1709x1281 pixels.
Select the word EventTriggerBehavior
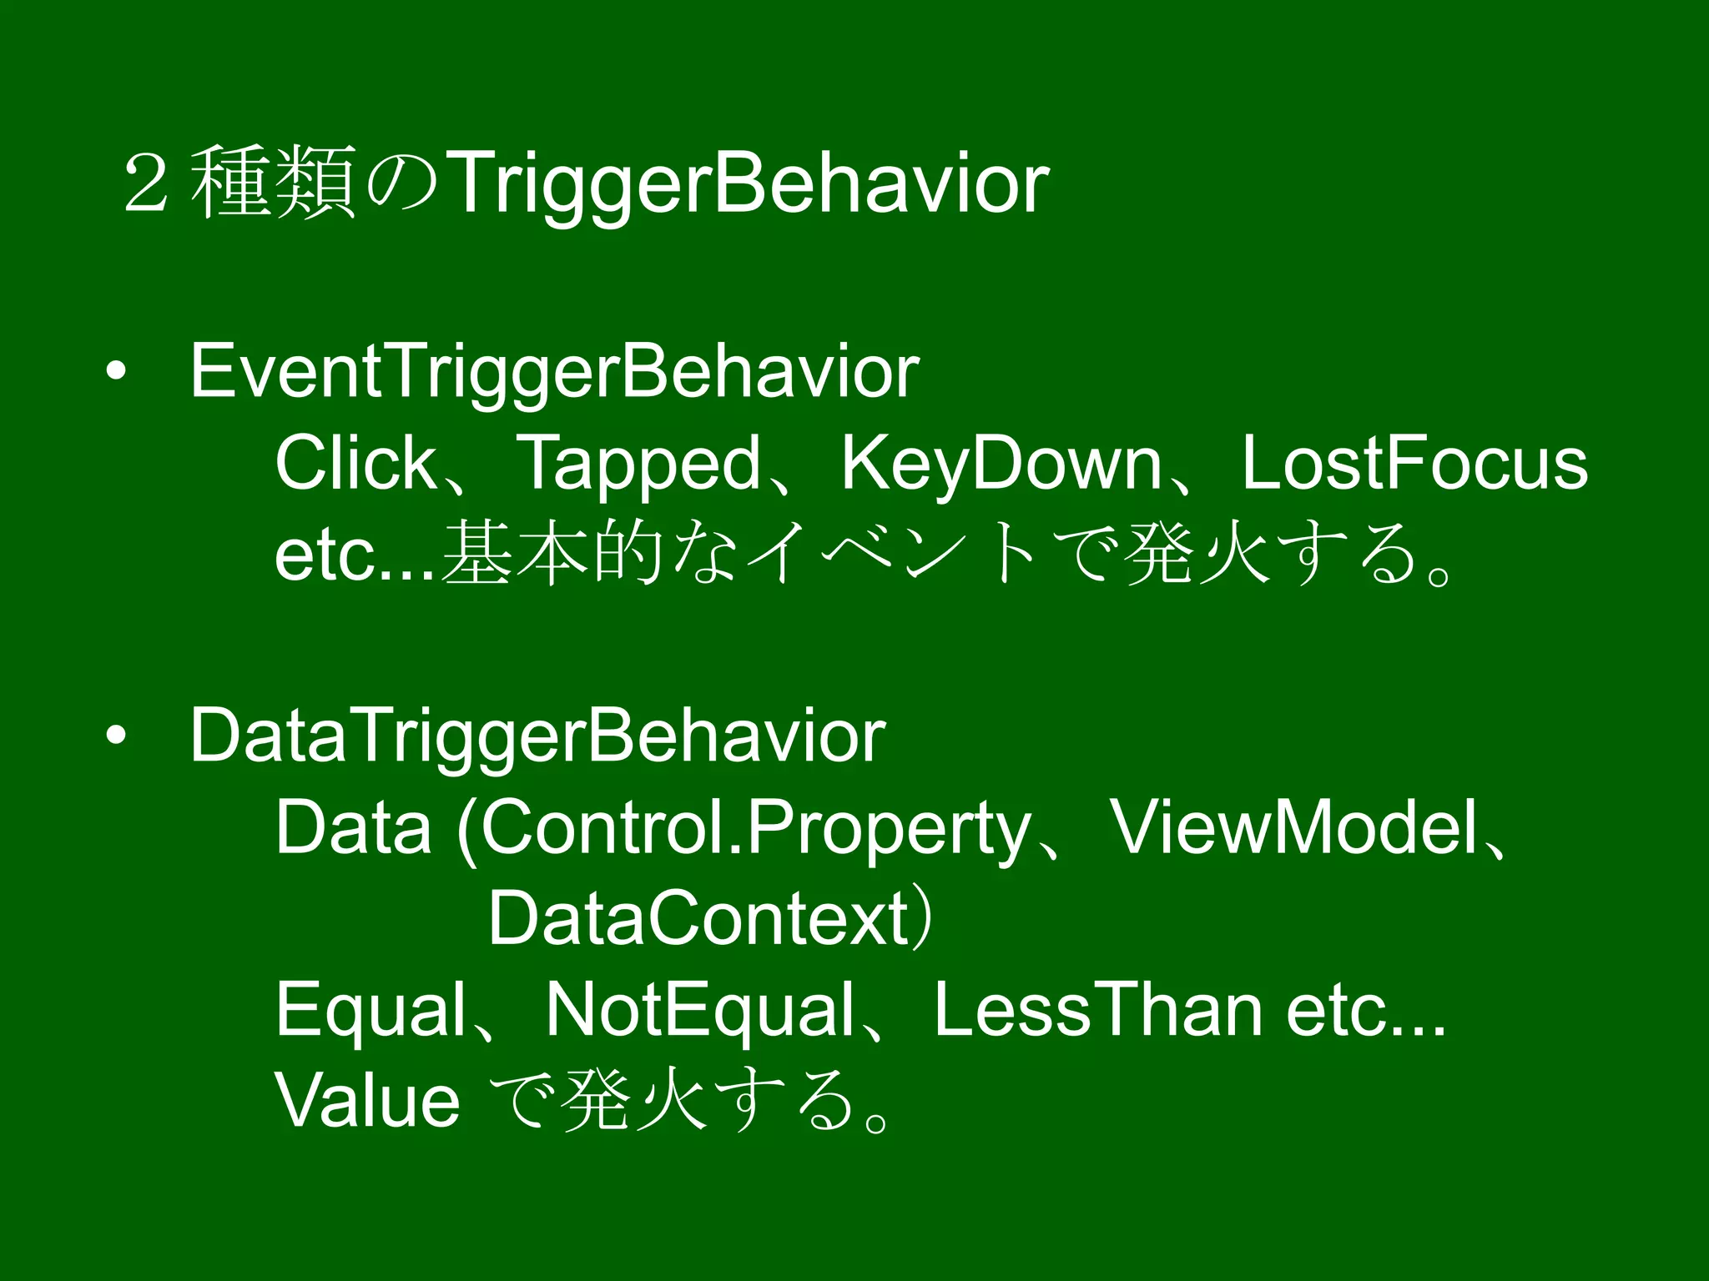pos(554,372)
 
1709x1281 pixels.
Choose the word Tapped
pos(638,465)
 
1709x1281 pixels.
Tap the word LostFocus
pos(1414,464)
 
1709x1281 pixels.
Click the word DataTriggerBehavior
pos(537,736)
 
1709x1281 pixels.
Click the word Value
pos(367,1101)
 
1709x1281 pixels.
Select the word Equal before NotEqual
pos(371,1011)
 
